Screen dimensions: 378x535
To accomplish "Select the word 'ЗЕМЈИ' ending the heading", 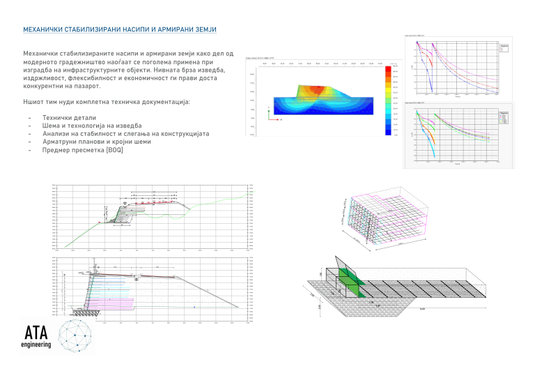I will coord(203,30).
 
